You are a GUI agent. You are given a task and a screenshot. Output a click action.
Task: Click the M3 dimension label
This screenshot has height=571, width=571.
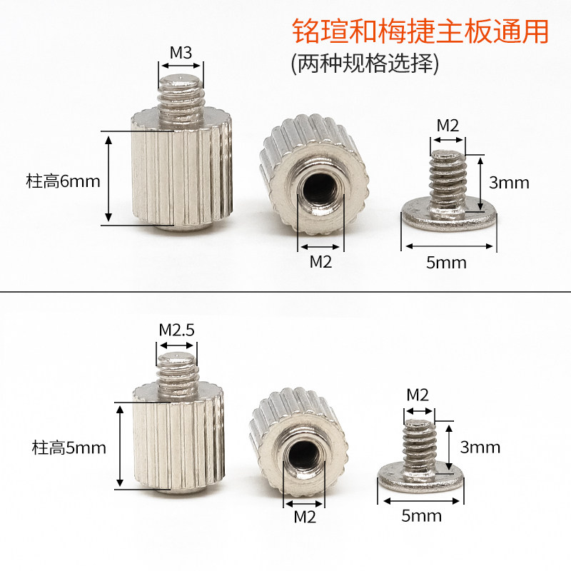pos(181,53)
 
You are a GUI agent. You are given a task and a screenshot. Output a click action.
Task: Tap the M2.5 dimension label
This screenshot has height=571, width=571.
pos(177,330)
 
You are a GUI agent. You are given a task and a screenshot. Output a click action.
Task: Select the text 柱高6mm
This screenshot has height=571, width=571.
pos(63,181)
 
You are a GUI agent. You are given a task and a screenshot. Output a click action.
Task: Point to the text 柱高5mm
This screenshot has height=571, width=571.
pos(69,448)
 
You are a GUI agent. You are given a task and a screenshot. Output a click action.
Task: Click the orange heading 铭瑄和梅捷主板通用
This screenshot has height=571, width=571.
pos(420,31)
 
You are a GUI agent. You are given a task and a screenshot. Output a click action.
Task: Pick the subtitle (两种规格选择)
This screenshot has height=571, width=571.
pos(365,64)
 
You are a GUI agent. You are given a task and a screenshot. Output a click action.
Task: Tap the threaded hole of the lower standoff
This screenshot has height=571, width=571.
pos(303,456)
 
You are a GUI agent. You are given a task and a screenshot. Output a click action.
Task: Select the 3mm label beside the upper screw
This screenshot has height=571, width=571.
pos(509,183)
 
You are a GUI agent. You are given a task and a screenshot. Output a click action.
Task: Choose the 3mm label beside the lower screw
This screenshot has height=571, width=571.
pos(480,448)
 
